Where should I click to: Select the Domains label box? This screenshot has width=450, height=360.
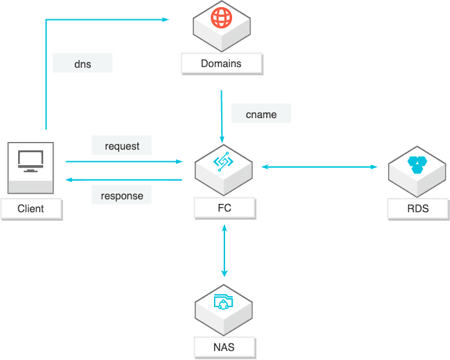click(x=221, y=63)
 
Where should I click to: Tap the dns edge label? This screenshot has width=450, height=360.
click(x=83, y=63)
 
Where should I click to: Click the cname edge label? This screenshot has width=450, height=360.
click(x=261, y=114)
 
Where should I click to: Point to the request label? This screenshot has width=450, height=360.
click(x=122, y=146)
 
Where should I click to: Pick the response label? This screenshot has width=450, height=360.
click(x=122, y=195)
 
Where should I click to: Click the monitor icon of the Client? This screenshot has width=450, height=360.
click(x=30, y=160)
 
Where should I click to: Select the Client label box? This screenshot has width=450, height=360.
click(x=31, y=208)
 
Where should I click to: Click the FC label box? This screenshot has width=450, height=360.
click(x=224, y=208)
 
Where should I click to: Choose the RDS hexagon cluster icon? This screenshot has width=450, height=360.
click(x=417, y=164)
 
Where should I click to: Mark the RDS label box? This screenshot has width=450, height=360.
click(x=418, y=208)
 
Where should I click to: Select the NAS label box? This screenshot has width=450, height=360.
click(x=224, y=348)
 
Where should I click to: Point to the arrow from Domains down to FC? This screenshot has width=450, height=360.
click(x=222, y=116)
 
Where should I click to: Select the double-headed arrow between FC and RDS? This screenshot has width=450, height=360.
click(x=319, y=167)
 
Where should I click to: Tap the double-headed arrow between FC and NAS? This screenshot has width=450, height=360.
click(x=224, y=252)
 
